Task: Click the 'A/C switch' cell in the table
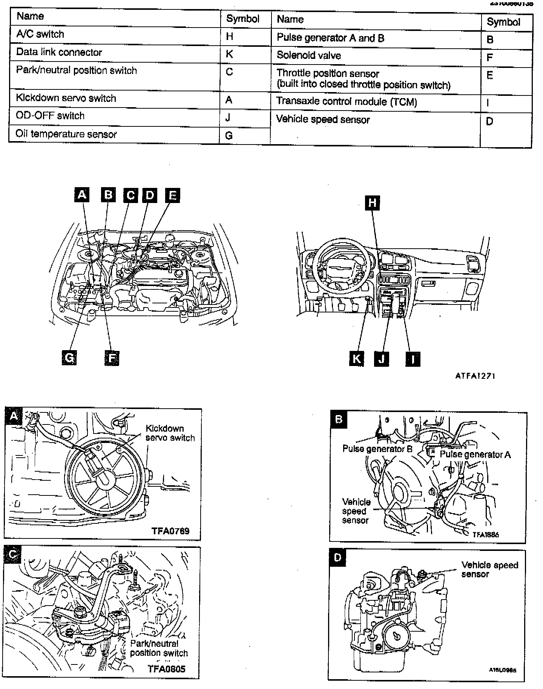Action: coord(40,34)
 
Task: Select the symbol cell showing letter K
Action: coord(229,54)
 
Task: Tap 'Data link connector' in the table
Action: coord(59,52)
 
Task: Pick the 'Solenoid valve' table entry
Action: coord(308,55)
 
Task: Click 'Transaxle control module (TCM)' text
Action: coord(347,102)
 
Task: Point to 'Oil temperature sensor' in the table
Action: coord(66,134)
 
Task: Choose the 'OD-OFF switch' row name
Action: coord(50,115)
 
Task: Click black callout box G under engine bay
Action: coord(69,357)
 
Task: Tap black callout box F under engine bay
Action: coord(112,358)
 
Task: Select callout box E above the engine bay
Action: coord(172,195)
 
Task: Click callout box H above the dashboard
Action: coord(372,203)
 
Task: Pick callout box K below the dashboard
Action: coord(356,358)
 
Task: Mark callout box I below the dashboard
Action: coord(413,359)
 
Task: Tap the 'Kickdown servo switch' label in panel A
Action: coord(170,433)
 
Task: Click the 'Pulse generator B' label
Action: coord(377,449)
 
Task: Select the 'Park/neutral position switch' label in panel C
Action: coord(158,648)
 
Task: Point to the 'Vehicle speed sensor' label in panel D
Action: coord(489,569)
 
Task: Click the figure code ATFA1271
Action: coord(475,376)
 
